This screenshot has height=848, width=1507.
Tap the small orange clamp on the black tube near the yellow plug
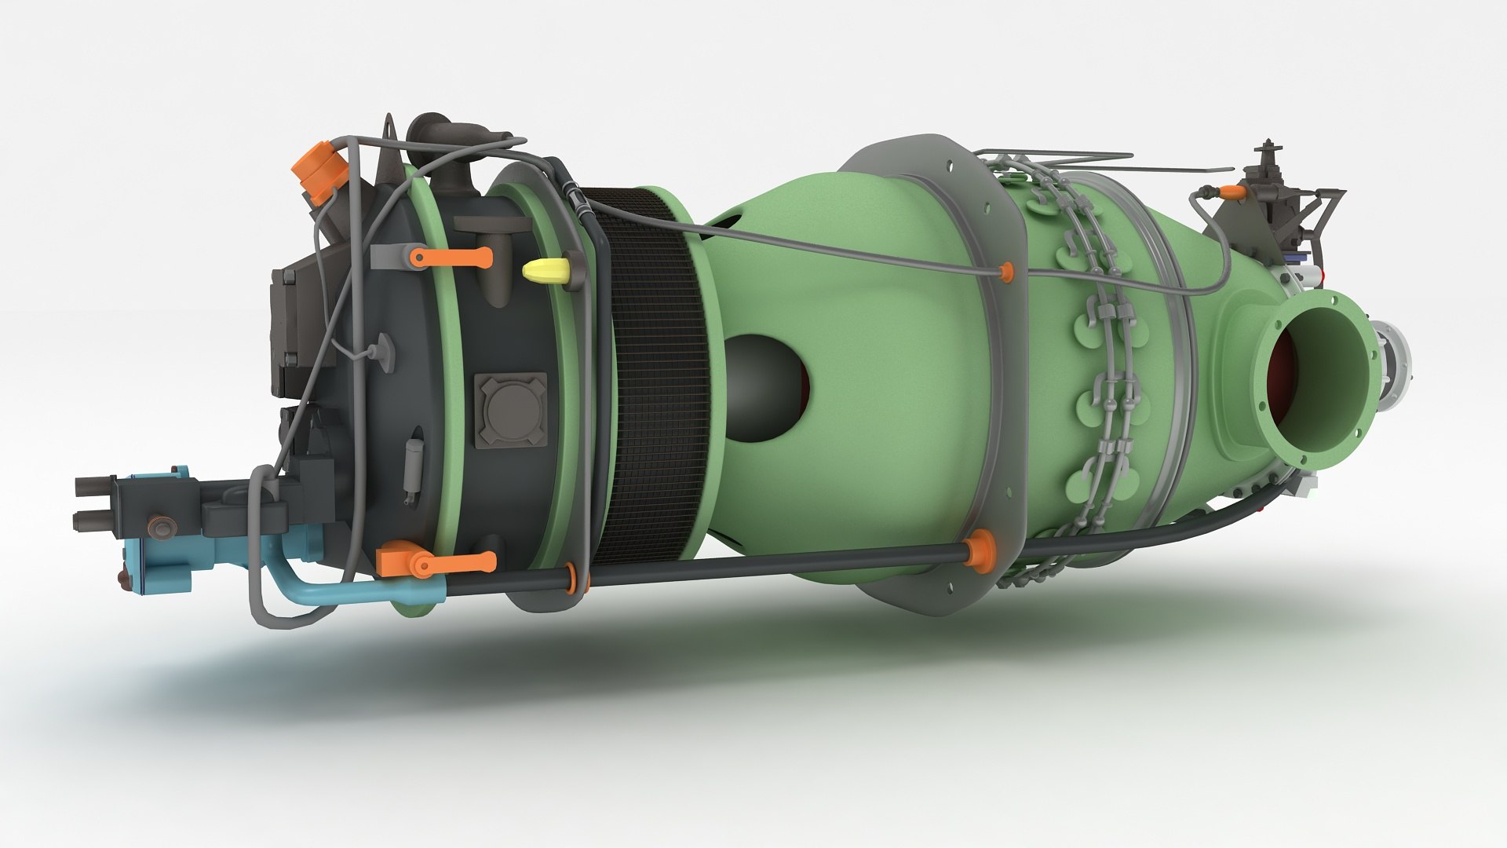tap(578, 578)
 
